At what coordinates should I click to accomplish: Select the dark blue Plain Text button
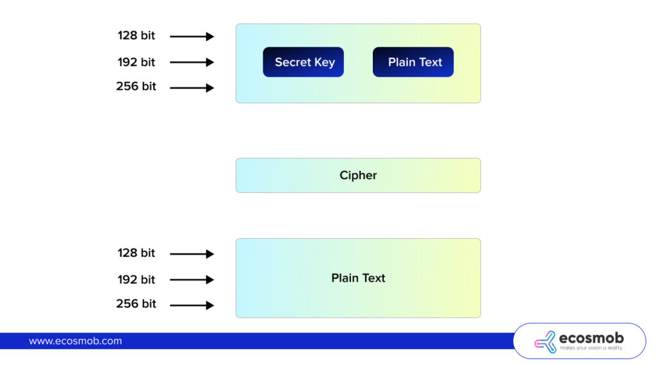tap(413, 62)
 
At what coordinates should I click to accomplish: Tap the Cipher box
tap(358, 175)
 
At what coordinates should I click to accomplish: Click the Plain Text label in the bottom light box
tap(358, 278)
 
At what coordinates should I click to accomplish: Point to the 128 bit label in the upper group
tap(136, 36)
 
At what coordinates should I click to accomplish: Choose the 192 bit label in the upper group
tap(136, 62)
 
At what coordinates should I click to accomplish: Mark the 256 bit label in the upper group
tap(136, 86)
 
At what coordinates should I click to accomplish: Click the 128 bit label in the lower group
tap(136, 253)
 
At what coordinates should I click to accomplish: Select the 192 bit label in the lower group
tap(136, 279)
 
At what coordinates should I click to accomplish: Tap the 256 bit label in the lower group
tap(136, 304)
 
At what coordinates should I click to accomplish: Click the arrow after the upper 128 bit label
tap(192, 36)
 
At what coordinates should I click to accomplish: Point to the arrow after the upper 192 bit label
tap(192, 62)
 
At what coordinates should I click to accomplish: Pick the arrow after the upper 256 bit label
tap(192, 88)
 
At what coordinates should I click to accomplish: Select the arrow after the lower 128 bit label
tap(192, 254)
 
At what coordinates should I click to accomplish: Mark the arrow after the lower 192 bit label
tap(192, 280)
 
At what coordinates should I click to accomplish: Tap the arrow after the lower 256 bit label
tap(192, 305)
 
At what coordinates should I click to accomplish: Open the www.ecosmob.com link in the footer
tap(75, 341)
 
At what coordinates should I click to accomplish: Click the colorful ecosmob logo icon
tap(545, 341)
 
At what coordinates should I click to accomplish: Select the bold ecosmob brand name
tap(591, 337)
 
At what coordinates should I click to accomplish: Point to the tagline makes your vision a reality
tap(591, 348)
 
